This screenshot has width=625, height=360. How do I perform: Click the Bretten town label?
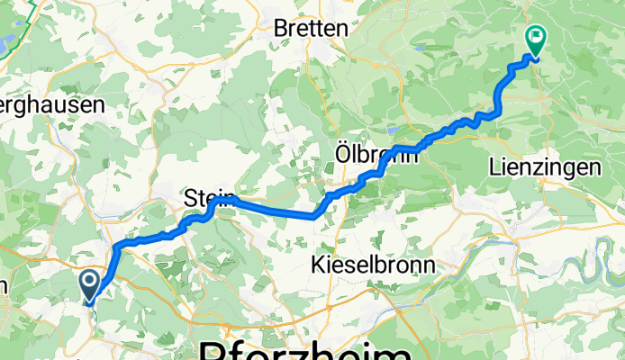310,28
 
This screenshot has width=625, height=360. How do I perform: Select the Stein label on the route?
209,196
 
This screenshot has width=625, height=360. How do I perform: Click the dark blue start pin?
91,285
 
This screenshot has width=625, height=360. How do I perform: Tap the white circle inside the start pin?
91,281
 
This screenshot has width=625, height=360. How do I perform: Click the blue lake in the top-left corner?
7,41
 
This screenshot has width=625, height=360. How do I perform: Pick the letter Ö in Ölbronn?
343,154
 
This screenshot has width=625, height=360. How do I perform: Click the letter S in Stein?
190,196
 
